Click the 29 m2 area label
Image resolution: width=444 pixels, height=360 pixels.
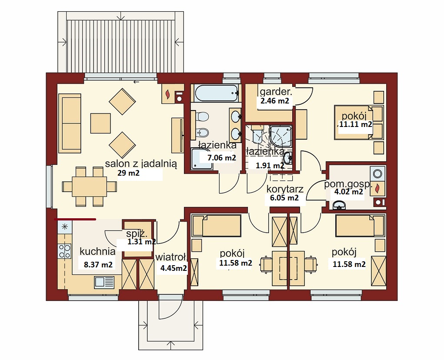click(x=129, y=173)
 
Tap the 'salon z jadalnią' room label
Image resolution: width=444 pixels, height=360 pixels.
click(x=141, y=164)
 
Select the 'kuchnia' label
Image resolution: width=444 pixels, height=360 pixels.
click(x=98, y=251)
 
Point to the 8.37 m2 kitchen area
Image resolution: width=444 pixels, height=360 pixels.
click(x=98, y=265)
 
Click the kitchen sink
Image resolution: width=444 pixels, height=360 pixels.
click(x=104, y=282)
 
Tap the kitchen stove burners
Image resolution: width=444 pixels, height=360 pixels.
click(x=64, y=251)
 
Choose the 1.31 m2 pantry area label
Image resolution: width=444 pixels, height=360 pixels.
click(x=142, y=242)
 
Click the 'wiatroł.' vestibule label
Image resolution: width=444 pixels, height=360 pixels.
click(x=171, y=257)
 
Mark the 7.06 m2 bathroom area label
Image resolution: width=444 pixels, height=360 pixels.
click(x=222, y=158)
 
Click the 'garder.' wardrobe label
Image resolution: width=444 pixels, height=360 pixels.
click(x=276, y=92)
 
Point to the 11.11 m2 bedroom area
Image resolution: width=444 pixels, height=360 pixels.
click(x=356, y=124)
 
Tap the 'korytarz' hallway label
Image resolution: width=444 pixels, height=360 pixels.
click(x=285, y=189)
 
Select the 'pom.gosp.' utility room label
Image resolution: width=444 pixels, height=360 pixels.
click(x=347, y=184)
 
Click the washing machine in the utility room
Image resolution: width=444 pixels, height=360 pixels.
click(x=378, y=173)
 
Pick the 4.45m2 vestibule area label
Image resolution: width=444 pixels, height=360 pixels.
click(x=174, y=268)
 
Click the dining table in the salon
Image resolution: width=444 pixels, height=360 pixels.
click(x=89, y=187)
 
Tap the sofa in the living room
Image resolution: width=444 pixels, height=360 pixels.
click(x=70, y=123)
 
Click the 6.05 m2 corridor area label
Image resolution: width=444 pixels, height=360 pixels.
click(x=284, y=198)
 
